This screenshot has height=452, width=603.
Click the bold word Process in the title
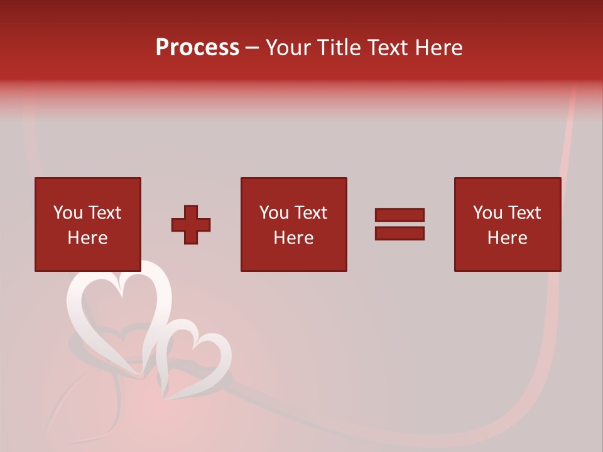tap(197, 48)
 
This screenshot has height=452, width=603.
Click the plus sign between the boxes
tap(191, 225)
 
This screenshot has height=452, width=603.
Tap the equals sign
tap(399, 224)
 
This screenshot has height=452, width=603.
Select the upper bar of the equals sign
tap(399, 215)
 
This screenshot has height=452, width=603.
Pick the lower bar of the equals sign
tap(399, 233)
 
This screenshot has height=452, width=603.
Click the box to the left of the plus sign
tap(87, 224)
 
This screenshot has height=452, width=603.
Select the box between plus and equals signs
tap(293, 224)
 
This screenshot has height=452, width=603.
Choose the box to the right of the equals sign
tap(507, 224)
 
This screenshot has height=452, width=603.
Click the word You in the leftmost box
tap(68, 213)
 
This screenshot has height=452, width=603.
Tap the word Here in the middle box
tap(293, 238)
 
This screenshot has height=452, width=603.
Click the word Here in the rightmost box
tap(507, 238)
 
